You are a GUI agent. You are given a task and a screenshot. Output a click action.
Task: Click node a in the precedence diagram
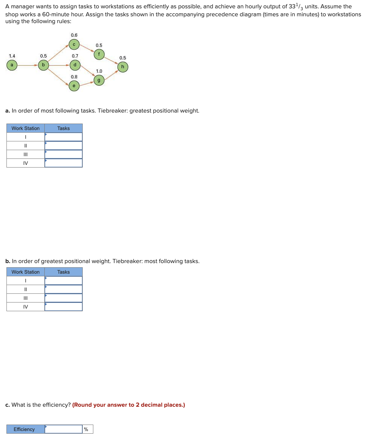[x=12, y=65]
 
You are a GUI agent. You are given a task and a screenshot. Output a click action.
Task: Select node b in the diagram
[x=43, y=65]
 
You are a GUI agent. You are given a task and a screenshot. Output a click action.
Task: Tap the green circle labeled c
[x=74, y=45]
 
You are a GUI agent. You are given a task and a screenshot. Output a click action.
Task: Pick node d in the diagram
[x=75, y=65]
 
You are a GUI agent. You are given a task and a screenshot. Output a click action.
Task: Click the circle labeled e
[x=74, y=86]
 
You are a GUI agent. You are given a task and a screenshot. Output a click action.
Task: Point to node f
[x=99, y=54]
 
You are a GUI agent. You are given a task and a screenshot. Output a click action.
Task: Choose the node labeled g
[x=99, y=80]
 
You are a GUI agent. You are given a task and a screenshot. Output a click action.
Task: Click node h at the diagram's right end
[x=123, y=67]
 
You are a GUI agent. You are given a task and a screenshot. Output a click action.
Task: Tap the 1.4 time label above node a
[x=12, y=56]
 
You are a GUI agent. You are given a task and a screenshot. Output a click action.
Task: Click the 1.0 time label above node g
[x=99, y=71]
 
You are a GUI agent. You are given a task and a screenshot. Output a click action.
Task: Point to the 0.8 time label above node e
[x=74, y=77]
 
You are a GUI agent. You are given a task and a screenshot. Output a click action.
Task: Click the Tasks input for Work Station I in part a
[x=63, y=137]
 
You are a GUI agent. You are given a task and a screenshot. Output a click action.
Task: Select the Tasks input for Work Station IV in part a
[x=63, y=163]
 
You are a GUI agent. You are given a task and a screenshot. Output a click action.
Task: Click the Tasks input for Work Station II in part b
[x=63, y=289]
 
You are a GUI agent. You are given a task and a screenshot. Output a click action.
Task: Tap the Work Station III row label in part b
[x=25, y=298]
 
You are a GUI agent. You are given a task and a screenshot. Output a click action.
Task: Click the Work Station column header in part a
[x=25, y=128]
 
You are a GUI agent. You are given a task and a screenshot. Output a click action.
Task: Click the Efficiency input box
[x=63, y=429]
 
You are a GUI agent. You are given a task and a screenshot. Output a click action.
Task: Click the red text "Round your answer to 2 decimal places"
[x=129, y=405]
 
